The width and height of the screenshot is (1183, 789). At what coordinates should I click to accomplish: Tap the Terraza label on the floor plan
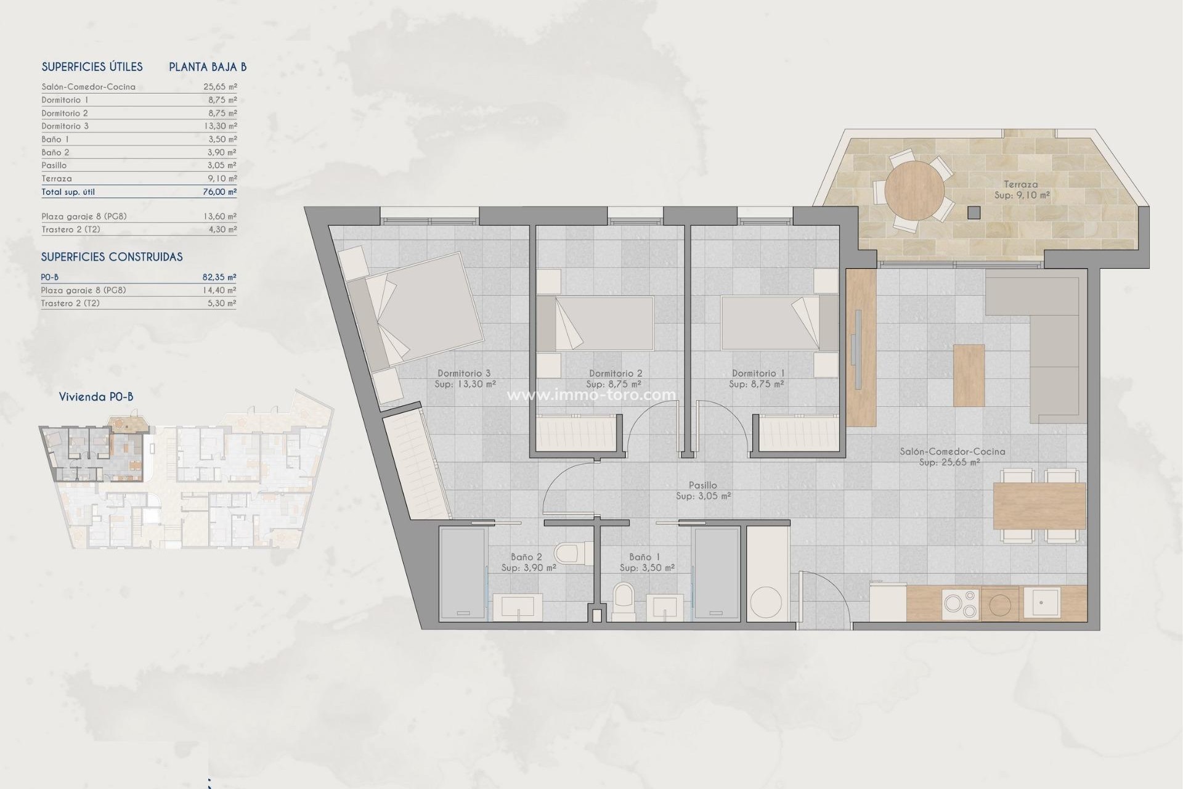[x=1020, y=184]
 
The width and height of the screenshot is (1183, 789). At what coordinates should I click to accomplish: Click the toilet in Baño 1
[x=624, y=598]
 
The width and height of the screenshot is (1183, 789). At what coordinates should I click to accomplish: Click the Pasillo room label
[x=703, y=486]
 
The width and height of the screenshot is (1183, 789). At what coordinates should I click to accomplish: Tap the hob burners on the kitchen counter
[x=960, y=603]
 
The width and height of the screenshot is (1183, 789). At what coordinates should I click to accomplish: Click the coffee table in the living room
[x=969, y=375]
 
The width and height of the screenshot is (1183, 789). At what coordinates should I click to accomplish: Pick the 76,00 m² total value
[x=220, y=192]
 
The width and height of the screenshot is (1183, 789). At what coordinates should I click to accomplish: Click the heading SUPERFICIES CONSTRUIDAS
[x=112, y=257]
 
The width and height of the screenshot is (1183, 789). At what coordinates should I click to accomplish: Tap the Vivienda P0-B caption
[x=96, y=397]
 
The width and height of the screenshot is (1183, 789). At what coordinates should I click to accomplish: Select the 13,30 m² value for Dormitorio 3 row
[x=220, y=126]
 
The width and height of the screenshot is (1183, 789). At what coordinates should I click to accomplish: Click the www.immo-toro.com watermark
[x=591, y=395]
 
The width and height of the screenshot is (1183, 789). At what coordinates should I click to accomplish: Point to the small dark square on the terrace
[x=974, y=213]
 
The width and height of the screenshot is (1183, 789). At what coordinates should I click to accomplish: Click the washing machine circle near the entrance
[x=766, y=602]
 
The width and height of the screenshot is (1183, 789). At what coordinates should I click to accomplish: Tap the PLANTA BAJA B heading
[x=208, y=67]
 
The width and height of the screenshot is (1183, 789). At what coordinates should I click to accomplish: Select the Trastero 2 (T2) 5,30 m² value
[x=220, y=303]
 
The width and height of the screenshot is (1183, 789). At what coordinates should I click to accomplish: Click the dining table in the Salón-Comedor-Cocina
[x=1039, y=505]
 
